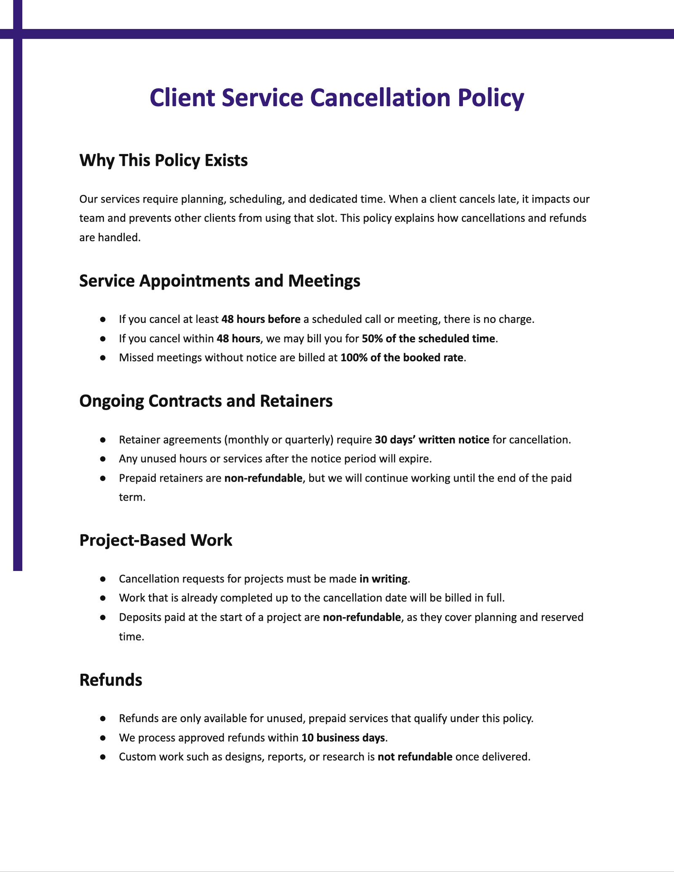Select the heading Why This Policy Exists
[163, 160]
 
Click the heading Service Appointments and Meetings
[219, 281]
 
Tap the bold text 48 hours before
[261, 319]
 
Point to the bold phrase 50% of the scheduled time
[428, 339]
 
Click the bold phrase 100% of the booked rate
[402, 358]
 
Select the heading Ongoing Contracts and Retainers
[206, 401]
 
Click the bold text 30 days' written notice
[432, 440]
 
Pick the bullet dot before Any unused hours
[102, 459]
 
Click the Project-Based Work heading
[155, 540]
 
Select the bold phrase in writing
[383, 579]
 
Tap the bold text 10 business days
[343, 738]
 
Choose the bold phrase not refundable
[415, 757]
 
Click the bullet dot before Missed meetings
[102, 358]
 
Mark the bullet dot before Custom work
[102, 757]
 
